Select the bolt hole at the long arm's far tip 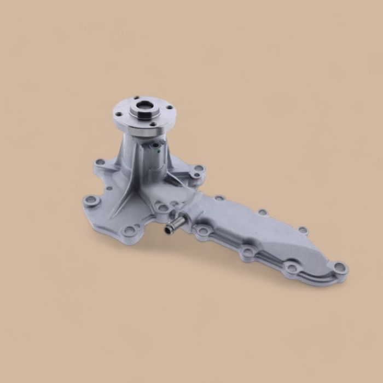click(x=339, y=268)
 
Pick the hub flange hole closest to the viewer click(x=135, y=124)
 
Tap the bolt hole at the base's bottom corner click(x=129, y=231)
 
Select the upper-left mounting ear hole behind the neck click(x=100, y=162)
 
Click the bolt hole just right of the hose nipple click(x=203, y=231)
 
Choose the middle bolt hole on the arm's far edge click(x=263, y=212)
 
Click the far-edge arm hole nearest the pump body click(x=219, y=198)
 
